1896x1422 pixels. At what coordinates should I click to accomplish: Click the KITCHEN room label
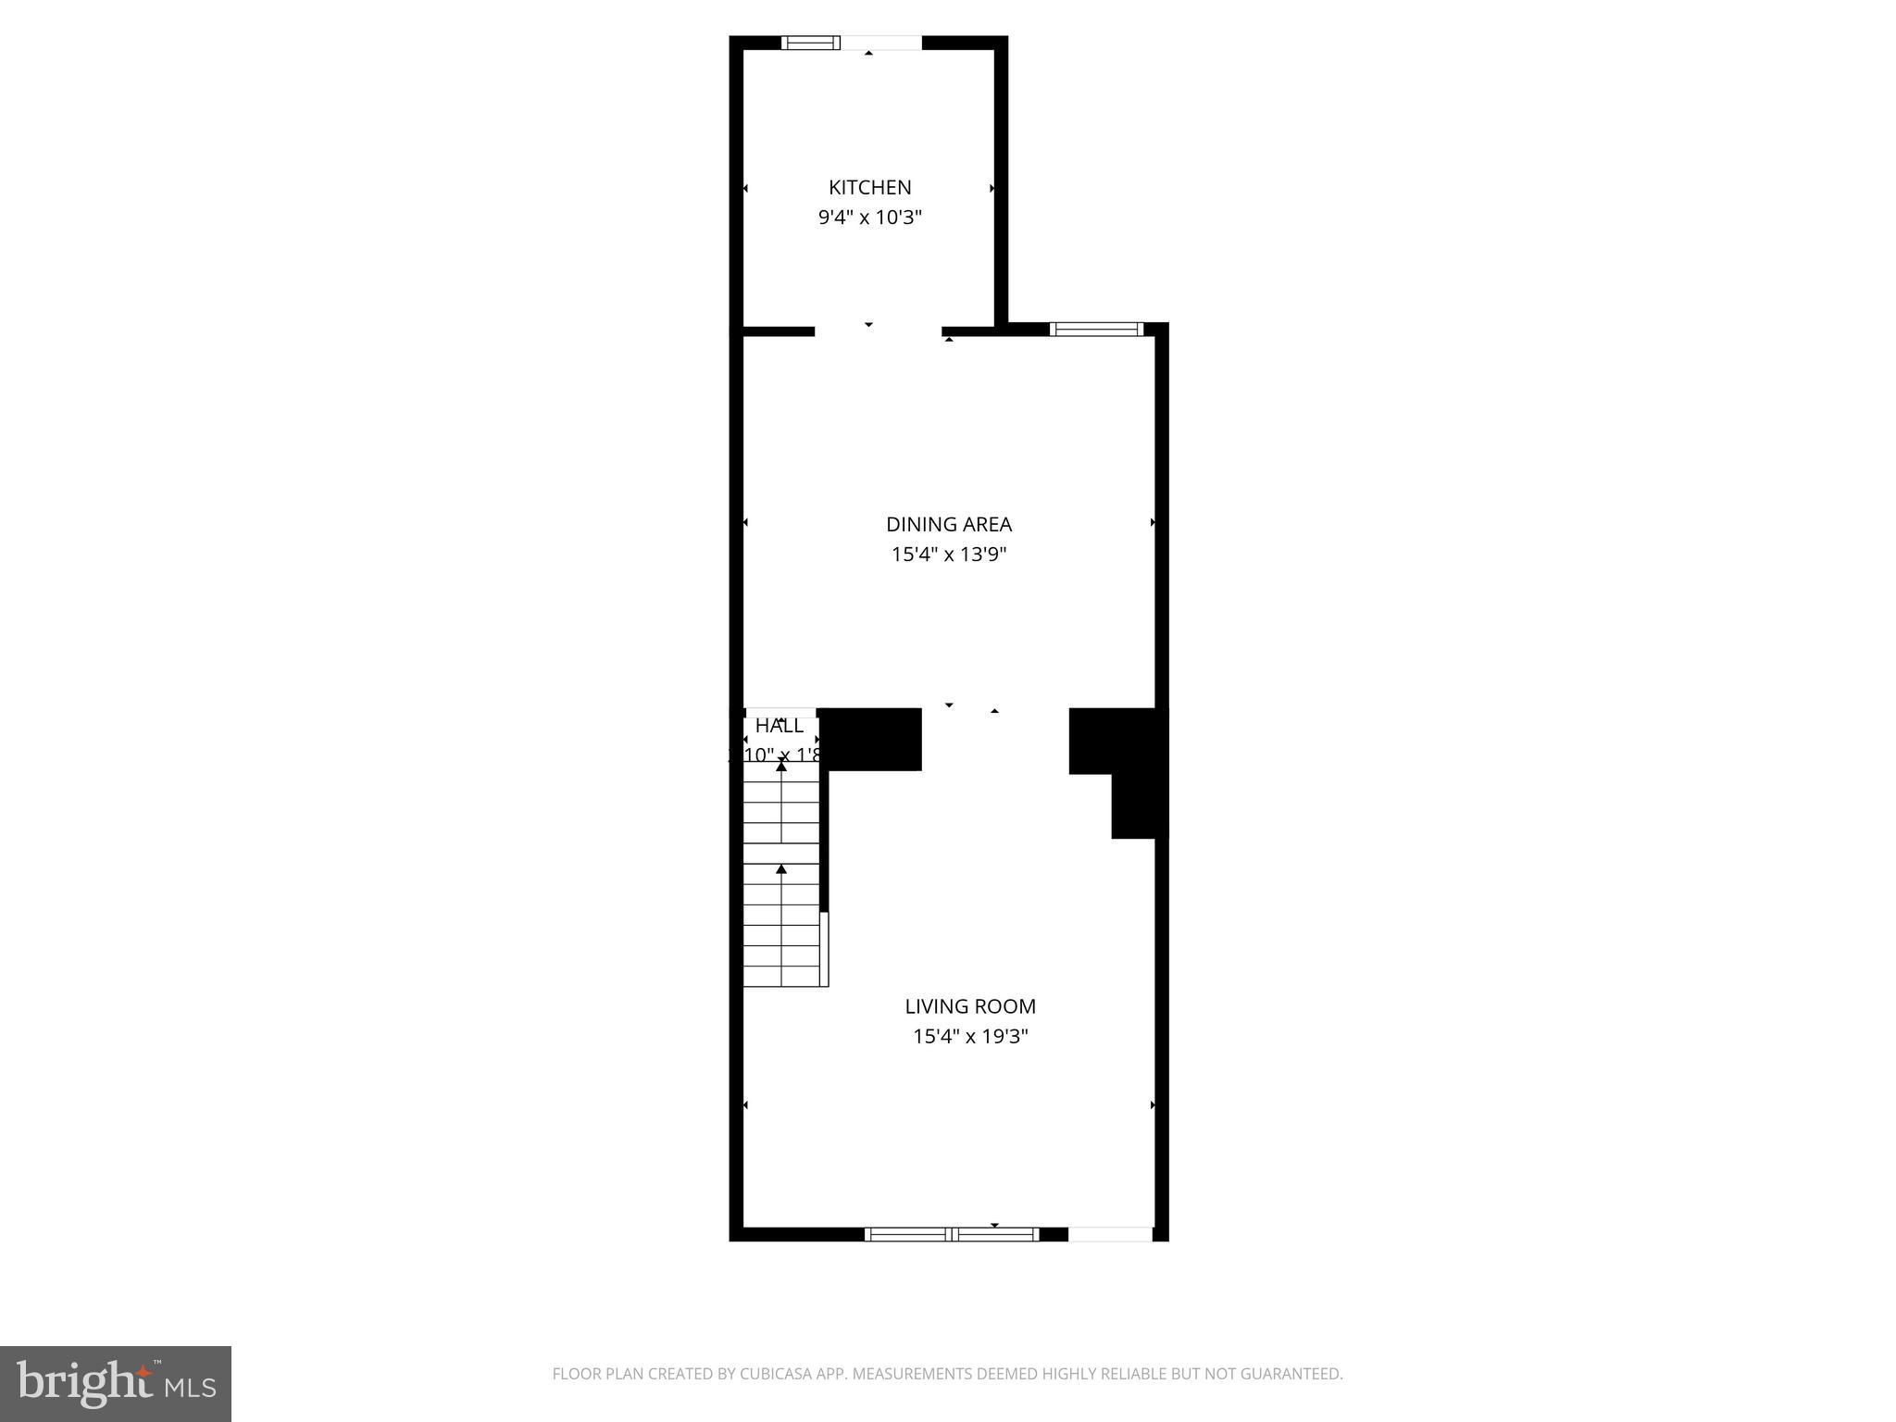point(869,187)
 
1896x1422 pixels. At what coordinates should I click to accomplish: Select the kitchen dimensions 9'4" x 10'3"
point(869,218)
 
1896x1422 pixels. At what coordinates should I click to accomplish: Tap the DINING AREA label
point(948,524)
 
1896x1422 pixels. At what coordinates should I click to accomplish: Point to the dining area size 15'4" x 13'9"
point(948,555)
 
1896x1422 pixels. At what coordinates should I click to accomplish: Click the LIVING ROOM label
point(970,1006)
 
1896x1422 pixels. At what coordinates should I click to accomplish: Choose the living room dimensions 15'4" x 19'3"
point(970,1036)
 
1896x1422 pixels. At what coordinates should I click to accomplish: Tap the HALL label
point(780,726)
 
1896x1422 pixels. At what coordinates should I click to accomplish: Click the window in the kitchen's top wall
point(811,43)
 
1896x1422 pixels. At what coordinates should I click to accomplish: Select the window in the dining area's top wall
point(1096,329)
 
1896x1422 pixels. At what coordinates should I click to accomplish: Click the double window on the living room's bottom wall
point(952,1233)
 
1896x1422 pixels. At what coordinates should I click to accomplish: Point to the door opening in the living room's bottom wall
point(1110,1233)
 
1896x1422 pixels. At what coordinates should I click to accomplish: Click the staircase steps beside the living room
point(782,879)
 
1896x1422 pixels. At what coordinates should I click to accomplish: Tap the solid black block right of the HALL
point(870,739)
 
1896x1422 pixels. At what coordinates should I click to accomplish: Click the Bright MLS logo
point(116,1384)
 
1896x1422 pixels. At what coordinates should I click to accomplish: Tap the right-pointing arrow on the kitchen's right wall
point(992,188)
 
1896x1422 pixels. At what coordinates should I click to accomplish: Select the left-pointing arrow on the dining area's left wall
point(745,523)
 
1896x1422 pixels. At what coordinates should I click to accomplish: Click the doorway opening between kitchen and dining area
point(878,331)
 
